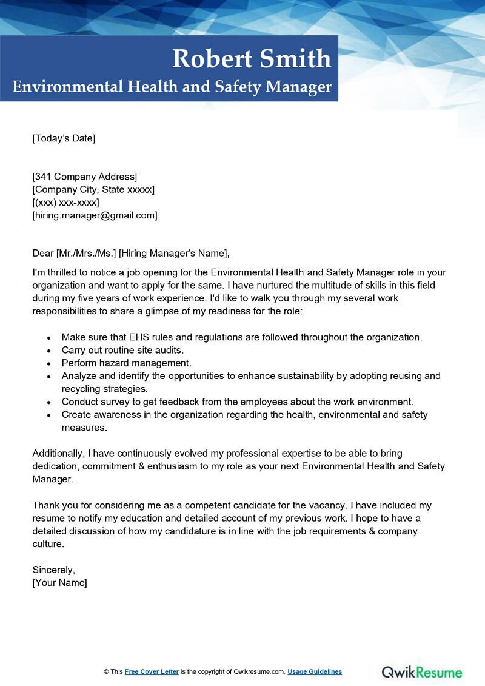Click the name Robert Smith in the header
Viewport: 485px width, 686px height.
tap(252, 59)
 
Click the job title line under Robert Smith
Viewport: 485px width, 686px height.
tap(172, 87)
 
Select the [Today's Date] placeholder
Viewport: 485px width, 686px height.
tap(64, 138)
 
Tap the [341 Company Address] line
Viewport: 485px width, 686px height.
tap(85, 177)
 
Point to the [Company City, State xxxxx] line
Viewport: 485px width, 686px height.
tap(93, 190)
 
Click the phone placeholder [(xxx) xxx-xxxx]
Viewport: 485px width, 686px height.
tap(65, 203)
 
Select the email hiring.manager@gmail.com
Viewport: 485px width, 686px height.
tap(95, 215)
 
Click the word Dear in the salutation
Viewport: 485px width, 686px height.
tap(43, 253)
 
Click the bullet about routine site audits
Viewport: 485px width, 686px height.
tap(122, 350)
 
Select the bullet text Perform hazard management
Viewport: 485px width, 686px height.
tap(126, 363)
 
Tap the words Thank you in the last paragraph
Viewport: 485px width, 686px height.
tap(54, 505)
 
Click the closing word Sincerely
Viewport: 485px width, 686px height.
tap(53, 570)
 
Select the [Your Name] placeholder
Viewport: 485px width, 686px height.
tap(59, 582)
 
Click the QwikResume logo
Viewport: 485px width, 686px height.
tap(422, 672)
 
